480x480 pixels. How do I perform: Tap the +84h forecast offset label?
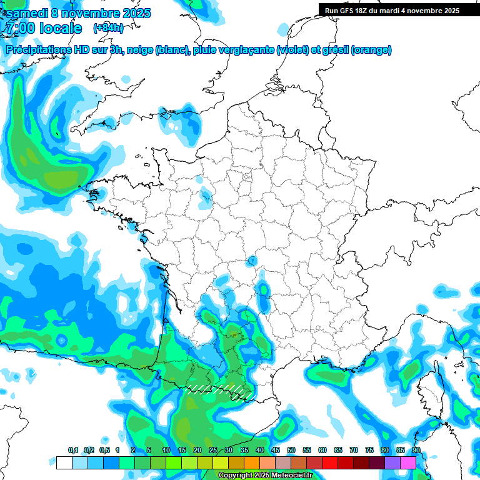107,27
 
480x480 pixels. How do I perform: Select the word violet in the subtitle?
292,49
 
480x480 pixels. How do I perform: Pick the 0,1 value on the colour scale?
73,450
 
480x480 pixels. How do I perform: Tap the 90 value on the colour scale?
416,450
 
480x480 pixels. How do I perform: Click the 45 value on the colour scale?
276,450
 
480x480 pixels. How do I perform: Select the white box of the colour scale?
64,462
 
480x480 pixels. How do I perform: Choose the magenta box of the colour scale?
408,462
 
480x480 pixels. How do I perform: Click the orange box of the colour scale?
251,462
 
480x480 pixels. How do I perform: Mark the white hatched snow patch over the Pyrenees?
219,390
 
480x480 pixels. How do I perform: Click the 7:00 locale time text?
43,28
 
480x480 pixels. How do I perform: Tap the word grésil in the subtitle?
334,49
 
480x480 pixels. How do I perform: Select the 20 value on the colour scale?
197,450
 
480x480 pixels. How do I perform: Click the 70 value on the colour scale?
354,450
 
